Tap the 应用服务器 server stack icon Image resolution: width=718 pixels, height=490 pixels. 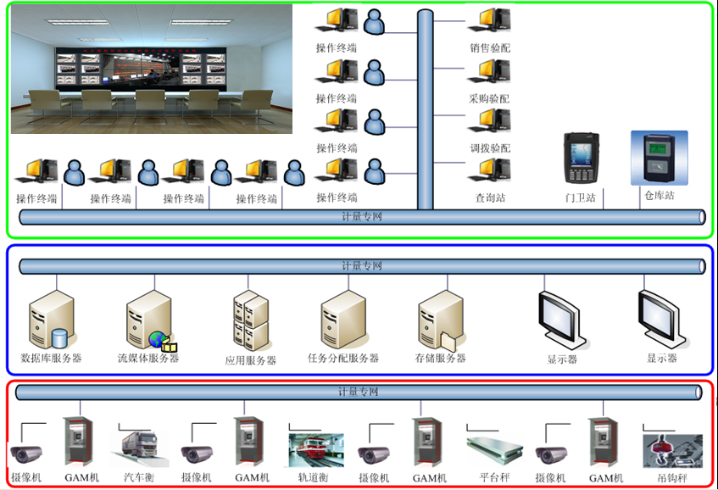pos(251,321)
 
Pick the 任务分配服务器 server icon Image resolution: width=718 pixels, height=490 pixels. pos(342,319)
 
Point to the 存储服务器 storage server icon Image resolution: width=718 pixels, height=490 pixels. pos(440,320)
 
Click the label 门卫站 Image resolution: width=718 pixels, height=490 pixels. pos(581,198)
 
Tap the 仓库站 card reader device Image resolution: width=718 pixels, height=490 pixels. pos(659,158)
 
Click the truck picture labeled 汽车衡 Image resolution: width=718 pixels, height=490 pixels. pos(138,448)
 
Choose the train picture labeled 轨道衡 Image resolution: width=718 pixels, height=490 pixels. pos(315,449)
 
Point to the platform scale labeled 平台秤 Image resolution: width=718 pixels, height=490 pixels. pos(493,449)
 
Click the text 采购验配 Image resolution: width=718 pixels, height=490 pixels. pos(490,98)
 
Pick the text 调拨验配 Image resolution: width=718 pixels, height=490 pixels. pos(490,148)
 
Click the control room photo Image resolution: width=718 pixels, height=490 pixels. pos(152,69)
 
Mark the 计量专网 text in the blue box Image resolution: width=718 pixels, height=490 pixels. pos(362,266)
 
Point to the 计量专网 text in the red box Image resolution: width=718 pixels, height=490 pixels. pos(358,392)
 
